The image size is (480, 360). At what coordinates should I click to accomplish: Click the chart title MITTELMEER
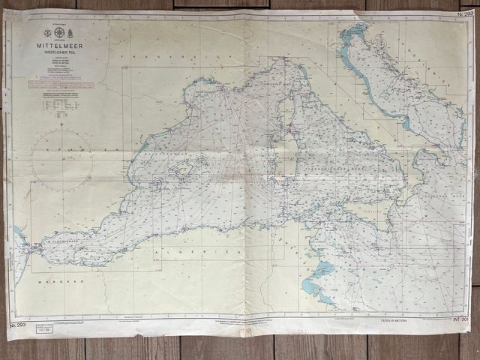[58, 45]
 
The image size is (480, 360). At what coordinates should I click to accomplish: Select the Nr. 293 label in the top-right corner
[465, 13]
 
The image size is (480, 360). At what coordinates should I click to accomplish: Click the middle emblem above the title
[59, 32]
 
